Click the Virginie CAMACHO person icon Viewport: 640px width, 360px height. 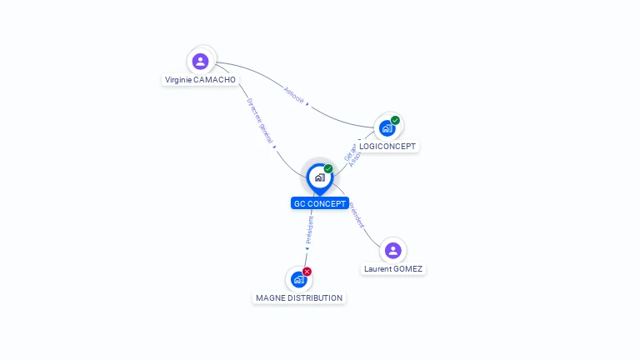(200, 61)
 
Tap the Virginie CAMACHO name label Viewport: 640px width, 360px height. (200, 80)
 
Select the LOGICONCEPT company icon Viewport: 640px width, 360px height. (387, 128)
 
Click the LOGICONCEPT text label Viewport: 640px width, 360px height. (387, 147)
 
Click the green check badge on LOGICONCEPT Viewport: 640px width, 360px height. (395, 120)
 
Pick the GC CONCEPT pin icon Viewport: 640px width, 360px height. (319, 177)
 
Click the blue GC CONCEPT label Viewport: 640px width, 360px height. (320, 203)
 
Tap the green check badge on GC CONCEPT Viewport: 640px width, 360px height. (328, 169)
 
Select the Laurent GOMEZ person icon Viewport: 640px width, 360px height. (392, 250)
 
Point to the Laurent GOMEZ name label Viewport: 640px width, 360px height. (393, 269)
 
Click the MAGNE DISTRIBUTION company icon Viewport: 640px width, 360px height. (298, 279)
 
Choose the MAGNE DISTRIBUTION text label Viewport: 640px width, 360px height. (299, 298)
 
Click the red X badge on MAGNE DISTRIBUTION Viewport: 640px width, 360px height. (307, 272)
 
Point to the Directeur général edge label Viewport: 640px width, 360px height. (261, 122)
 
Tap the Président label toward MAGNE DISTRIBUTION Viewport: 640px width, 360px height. (309, 230)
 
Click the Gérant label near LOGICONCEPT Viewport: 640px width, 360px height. (349, 151)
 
